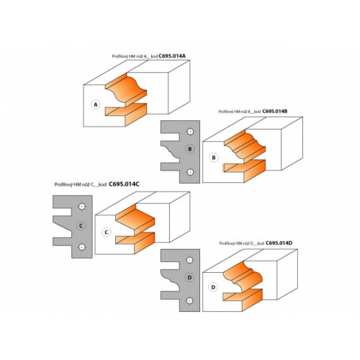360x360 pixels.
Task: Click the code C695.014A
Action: pos(172,56)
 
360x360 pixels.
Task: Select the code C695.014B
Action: pos(275,112)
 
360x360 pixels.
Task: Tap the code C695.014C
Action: pos(124,184)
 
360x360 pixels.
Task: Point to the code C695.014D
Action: pos(279,243)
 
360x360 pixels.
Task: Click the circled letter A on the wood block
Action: pos(96,104)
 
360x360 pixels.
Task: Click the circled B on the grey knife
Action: pos(190,149)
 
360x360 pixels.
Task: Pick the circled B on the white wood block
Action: pos(214,158)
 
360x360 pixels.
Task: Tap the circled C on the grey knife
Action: pos(81,225)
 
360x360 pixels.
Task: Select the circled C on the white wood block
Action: pos(107,233)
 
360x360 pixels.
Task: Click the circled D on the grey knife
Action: pos(189,277)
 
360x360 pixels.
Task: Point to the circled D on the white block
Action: pos(213,287)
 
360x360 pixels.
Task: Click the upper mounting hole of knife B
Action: pos(190,132)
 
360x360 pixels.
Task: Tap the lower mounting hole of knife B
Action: pos(190,172)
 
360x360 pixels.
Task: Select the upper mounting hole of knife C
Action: pos(82,207)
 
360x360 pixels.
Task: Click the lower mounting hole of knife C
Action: pos(82,247)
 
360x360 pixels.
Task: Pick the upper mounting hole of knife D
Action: pos(190,260)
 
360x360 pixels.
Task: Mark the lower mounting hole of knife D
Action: pos(190,301)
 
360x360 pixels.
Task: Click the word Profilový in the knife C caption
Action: pos(63,184)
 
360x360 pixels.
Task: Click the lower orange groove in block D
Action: pos(243,300)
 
